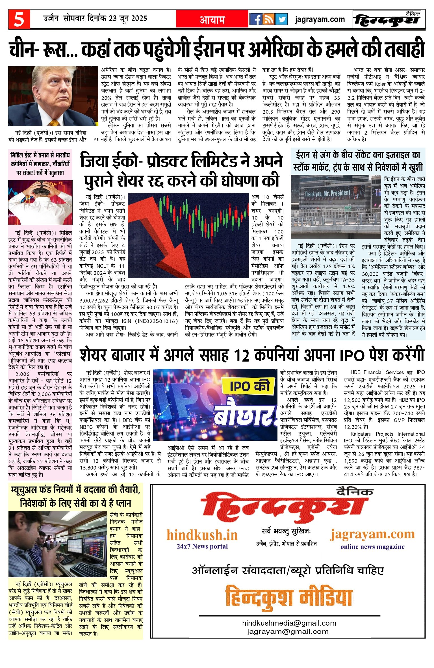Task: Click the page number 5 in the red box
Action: point(19,19)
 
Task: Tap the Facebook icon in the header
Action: point(256,19)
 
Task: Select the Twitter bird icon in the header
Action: point(281,19)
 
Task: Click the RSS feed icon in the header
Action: point(268,19)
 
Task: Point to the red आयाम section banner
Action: point(212,19)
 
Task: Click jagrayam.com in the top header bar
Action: point(320,20)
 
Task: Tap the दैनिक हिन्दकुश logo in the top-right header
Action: point(387,20)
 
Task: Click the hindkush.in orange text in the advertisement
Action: point(202,535)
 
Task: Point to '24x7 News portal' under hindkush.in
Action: point(202,546)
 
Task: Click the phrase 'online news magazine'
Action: point(372,546)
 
